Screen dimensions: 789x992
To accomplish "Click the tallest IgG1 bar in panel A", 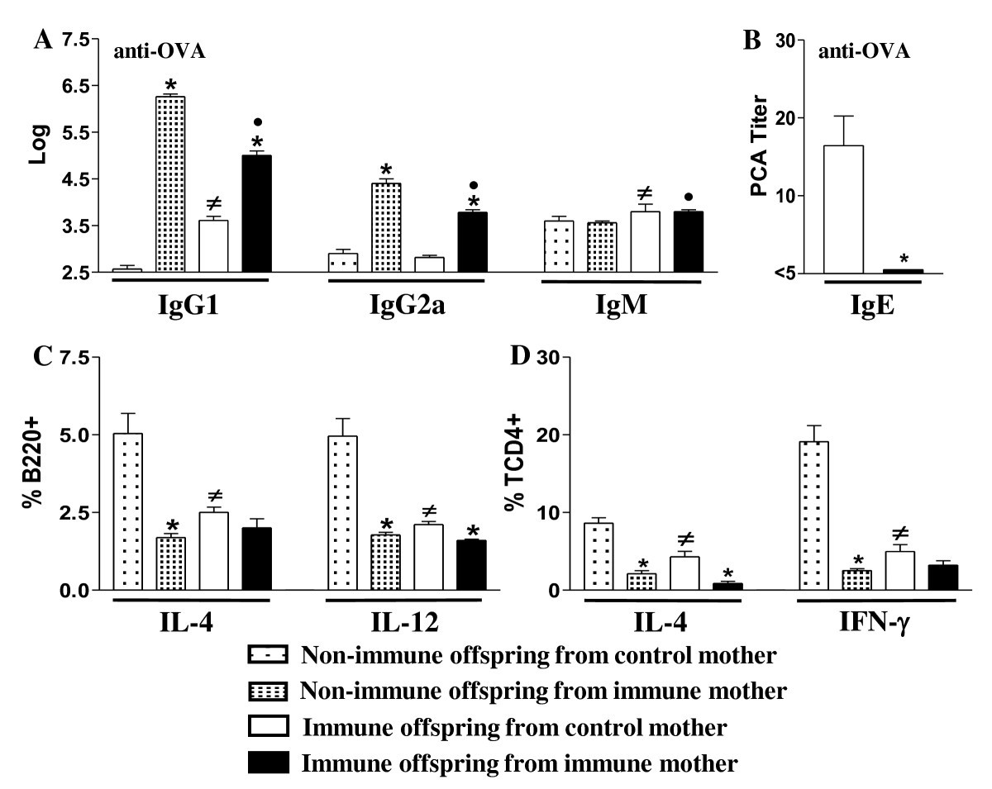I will click(x=169, y=183).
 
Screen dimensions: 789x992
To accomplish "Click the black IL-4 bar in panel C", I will click(x=255, y=558).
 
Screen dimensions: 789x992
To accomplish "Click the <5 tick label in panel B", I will click(x=792, y=273).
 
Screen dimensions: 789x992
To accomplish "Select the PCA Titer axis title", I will click(x=760, y=149).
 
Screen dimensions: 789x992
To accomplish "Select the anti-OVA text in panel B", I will click(x=865, y=52).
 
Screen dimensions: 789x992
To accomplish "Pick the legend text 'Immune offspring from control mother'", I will click(x=516, y=727).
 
